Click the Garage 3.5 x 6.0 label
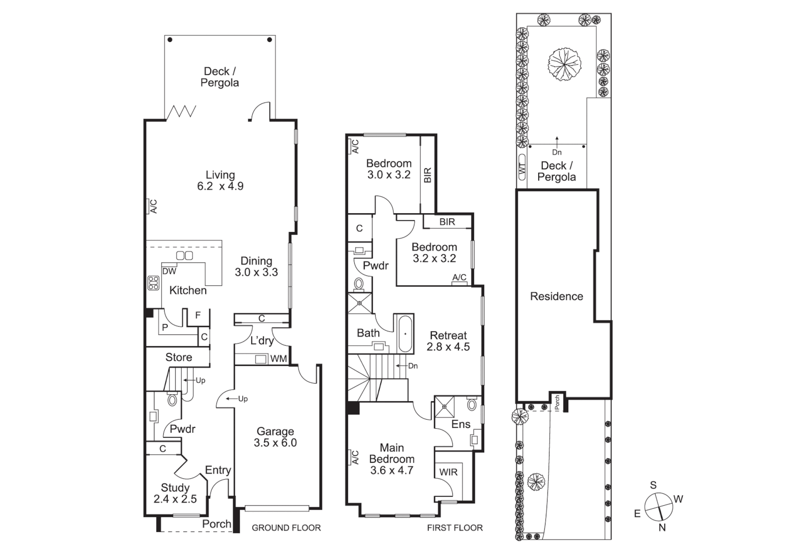click(275, 437)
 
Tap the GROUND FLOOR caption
click(286, 528)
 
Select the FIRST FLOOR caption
click(455, 528)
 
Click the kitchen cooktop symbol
click(153, 283)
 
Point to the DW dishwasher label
click(169, 271)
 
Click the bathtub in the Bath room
click(405, 333)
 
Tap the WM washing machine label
click(278, 359)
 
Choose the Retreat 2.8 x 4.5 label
click(448, 341)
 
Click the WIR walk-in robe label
click(448, 472)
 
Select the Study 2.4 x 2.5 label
click(175, 493)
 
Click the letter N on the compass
click(661, 528)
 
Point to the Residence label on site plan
click(556, 297)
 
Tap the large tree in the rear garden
click(564, 63)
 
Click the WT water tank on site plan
click(522, 169)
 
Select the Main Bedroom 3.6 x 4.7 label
click(392, 459)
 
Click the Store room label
click(179, 358)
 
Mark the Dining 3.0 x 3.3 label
click(256, 267)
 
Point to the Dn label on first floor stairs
click(413, 366)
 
